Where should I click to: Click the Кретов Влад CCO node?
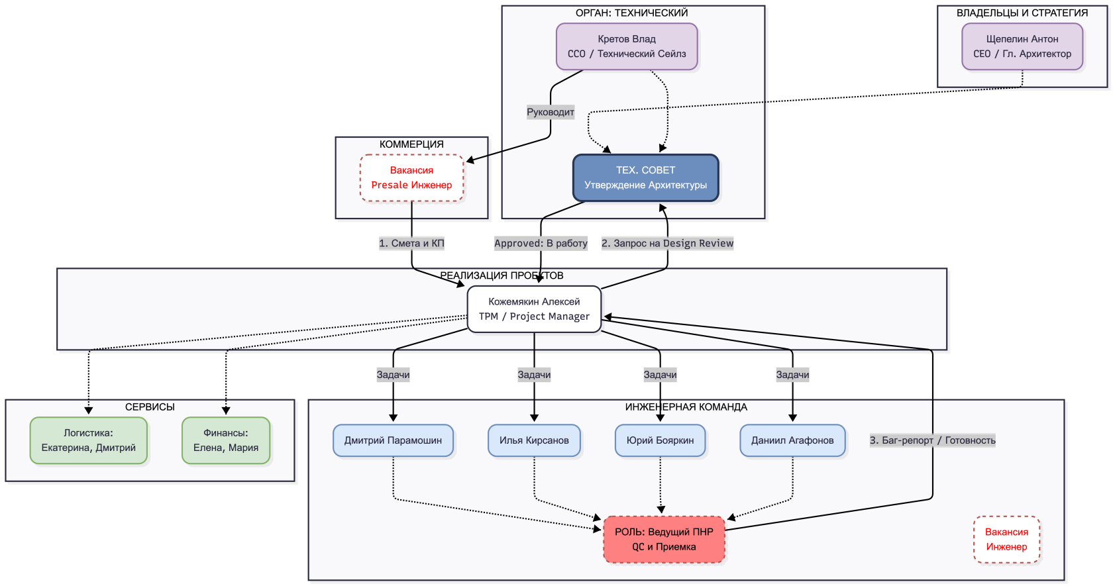click(627, 46)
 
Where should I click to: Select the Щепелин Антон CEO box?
click(1022, 46)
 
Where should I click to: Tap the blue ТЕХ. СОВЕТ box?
click(645, 177)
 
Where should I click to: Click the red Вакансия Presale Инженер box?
click(411, 177)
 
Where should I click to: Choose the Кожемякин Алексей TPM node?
click(534, 309)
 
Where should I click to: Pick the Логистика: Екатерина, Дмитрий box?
click(89, 440)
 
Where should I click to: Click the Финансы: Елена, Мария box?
click(225, 440)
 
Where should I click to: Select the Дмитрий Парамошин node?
click(393, 440)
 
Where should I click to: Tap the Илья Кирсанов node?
click(534, 440)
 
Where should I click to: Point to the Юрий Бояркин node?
click(660, 440)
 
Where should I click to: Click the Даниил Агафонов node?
click(792, 440)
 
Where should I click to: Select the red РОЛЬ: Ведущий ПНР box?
click(664, 539)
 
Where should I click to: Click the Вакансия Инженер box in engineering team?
click(1007, 539)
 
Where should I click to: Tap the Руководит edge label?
click(551, 113)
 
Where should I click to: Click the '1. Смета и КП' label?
click(411, 244)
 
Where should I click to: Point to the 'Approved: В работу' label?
click(541, 244)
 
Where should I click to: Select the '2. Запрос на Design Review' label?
click(667, 244)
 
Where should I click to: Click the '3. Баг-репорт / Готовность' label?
click(933, 440)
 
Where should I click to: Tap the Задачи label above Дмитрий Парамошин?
click(393, 375)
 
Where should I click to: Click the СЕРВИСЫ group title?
click(150, 407)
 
